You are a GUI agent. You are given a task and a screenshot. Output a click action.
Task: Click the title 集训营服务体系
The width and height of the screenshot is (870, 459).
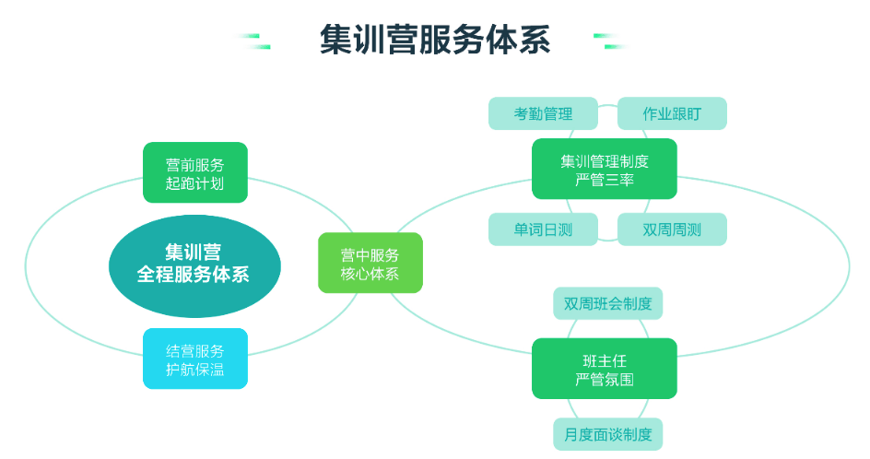coord(435,40)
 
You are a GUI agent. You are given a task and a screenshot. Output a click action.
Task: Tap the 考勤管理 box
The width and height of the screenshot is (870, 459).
coord(543,113)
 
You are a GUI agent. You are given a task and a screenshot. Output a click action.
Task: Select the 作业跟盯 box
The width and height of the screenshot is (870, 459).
coord(672,113)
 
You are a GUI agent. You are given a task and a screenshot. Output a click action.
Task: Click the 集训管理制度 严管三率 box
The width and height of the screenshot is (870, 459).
coord(605,169)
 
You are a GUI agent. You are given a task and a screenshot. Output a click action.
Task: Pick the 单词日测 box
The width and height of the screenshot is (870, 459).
coord(543,229)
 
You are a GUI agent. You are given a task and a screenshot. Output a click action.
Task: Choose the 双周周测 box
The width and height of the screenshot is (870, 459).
coord(672,229)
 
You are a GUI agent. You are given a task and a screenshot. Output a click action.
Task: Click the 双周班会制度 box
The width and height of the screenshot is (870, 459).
coord(607,303)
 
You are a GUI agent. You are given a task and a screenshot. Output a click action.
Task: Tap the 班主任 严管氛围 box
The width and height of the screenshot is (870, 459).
coord(605,369)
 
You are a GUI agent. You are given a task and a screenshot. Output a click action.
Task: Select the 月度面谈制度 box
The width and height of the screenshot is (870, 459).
coord(607,434)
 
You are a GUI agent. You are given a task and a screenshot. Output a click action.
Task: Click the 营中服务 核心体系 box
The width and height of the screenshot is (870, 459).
coord(370,263)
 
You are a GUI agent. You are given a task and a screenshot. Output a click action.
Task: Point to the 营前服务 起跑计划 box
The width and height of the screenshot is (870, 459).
coord(195,172)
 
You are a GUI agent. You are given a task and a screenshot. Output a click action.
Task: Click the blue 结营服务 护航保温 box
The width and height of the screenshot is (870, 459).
coord(195,359)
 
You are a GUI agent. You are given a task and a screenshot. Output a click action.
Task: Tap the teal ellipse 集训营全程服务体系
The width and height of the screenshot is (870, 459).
coord(194,266)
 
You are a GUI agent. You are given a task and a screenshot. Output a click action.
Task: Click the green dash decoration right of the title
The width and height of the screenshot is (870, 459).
coord(611,41)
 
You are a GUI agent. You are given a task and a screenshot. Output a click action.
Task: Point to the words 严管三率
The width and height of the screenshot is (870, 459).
coord(605,180)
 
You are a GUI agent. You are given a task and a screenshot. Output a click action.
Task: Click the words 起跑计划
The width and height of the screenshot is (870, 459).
coord(194,183)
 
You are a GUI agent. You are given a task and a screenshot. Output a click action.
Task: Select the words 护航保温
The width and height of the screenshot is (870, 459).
coord(194,369)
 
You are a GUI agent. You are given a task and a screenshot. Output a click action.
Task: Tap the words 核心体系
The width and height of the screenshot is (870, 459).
coord(370,274)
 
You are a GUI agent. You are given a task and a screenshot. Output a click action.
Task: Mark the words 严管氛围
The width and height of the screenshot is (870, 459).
coord(605,380)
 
